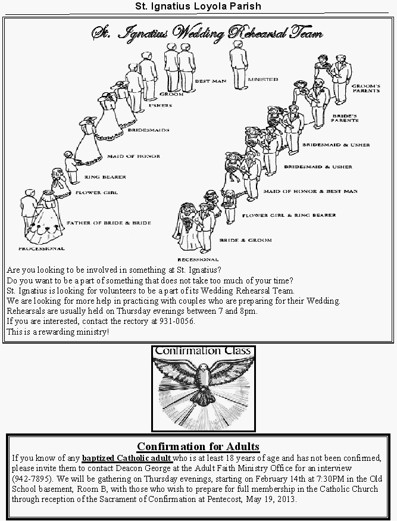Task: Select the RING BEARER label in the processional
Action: click(105, 177)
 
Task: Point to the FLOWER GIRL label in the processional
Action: click(97, 193)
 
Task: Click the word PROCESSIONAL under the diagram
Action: click(41, 248)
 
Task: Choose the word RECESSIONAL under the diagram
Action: click(198, 260)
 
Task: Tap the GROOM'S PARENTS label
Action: click(365, 88)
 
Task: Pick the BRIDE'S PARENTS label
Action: click(345, 117)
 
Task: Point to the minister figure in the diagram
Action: click(239, 65)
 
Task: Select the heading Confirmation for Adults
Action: click(198, 447)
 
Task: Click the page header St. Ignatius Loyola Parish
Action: click(198, 6)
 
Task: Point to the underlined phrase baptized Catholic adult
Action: click(127, 458)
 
